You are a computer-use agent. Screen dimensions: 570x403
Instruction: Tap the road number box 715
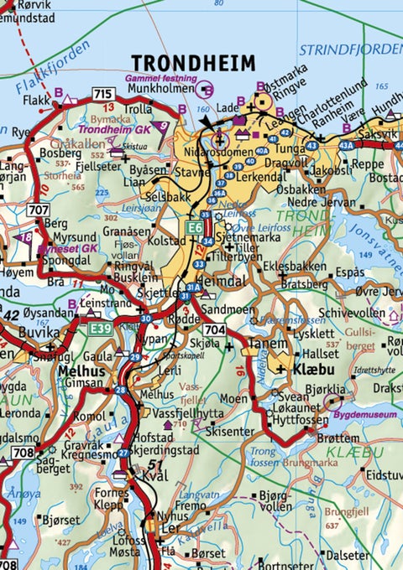coord(103,94)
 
